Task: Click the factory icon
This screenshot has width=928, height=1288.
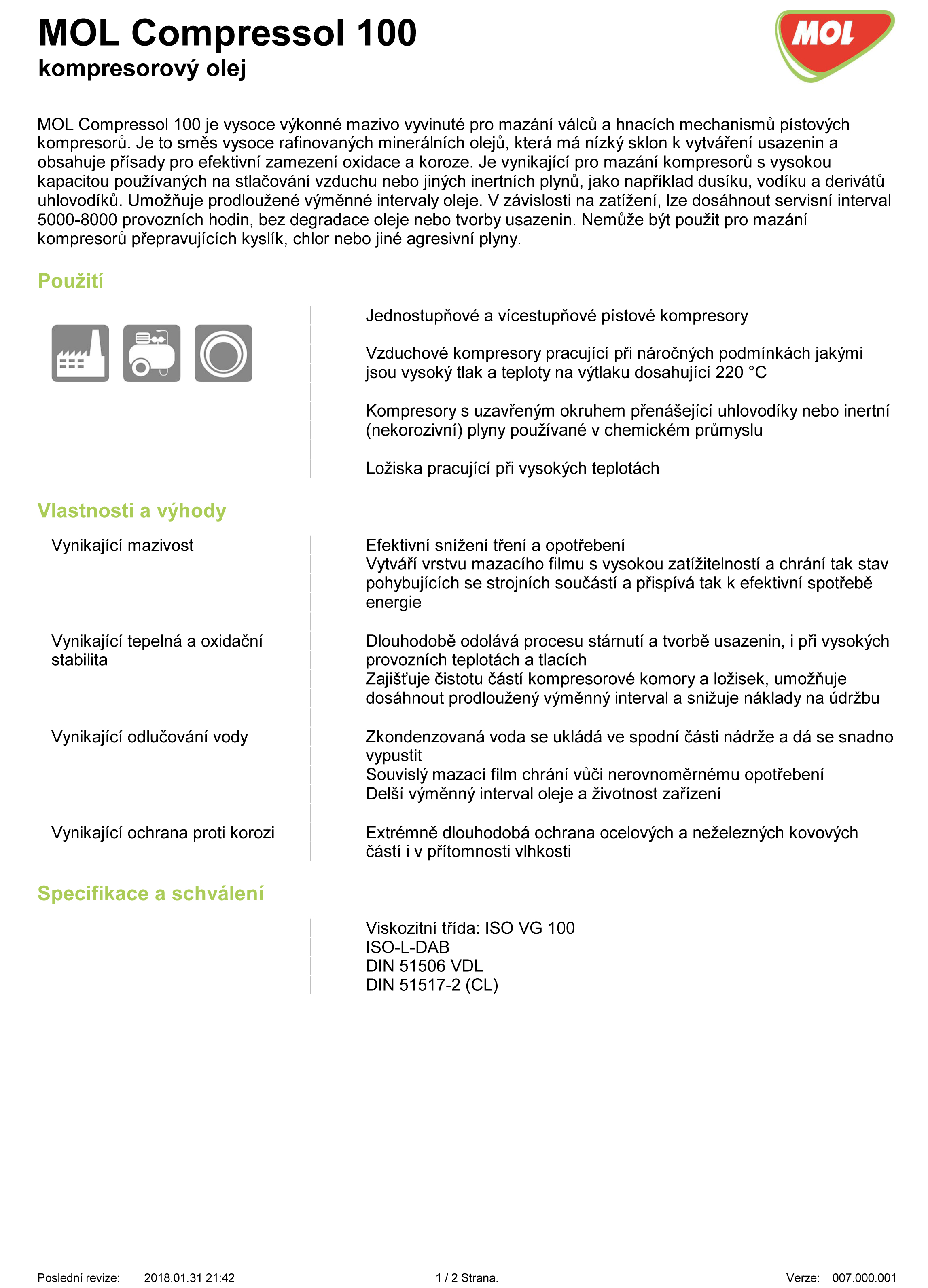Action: [x=80, y=353]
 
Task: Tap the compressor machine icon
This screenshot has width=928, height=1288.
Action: [x=152, y=353]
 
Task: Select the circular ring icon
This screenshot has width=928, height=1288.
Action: [x=223, y=353]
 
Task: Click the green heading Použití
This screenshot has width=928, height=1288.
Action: [x=70, y=281]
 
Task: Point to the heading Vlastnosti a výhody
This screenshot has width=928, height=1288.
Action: [x=132, y=510]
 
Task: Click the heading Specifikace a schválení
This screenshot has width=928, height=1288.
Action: [x=150, y=893]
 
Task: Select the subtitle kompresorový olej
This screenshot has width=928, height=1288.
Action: [x=142, y=68]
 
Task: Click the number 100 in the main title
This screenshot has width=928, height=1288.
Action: [x=386, y=33]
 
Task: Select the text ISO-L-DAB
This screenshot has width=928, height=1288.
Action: [x=407, y=947]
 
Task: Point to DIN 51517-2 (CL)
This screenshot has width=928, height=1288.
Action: [x=432, y=985]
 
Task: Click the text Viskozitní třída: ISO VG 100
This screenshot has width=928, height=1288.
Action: [x=470, y=928]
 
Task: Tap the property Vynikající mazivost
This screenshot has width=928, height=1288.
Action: [x=122, y=545]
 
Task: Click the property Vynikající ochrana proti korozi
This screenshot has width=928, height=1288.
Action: [x=163, y=833]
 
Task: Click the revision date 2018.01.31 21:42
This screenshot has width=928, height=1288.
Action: [x=189, y=1278]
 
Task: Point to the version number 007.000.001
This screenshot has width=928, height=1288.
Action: [x=864, y=1278]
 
